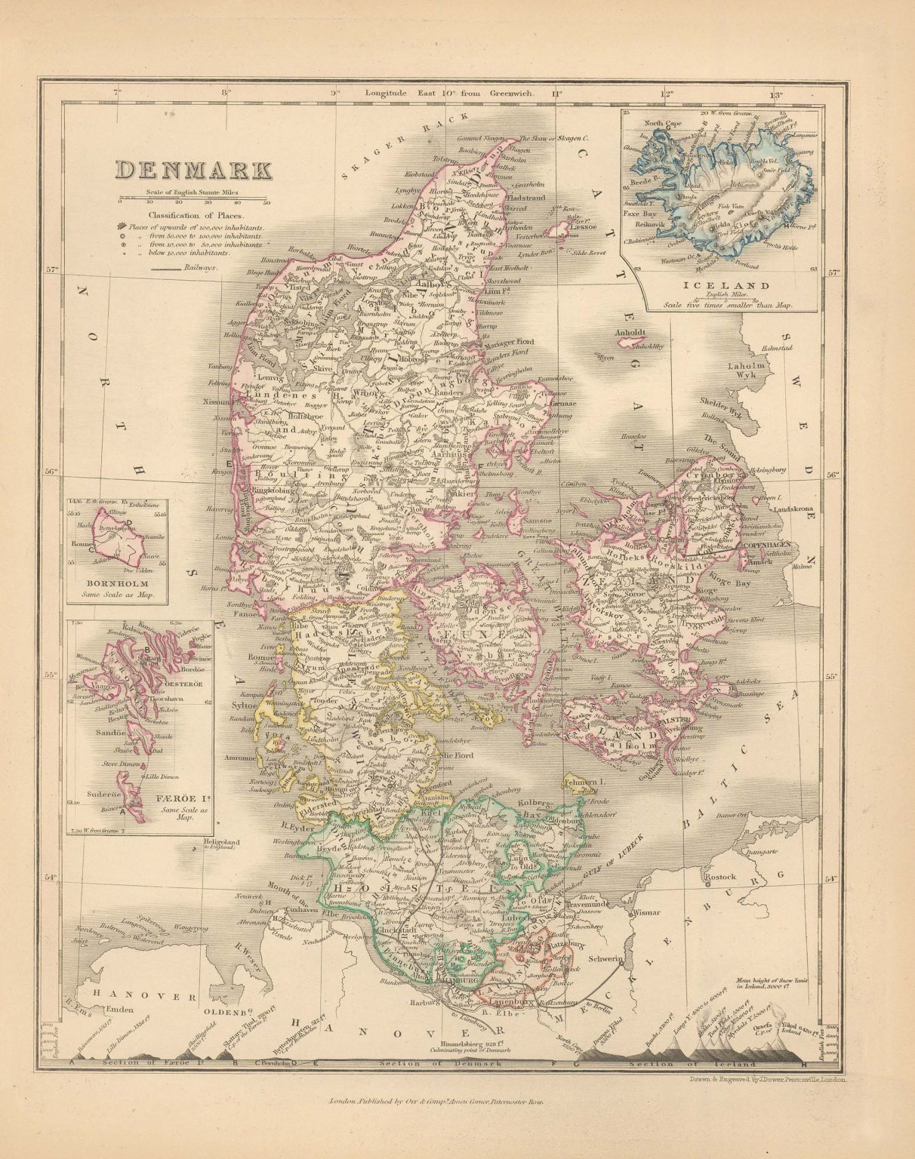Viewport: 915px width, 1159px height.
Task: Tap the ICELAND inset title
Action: coord(716,287)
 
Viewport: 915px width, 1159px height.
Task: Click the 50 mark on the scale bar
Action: coord(266,202)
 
